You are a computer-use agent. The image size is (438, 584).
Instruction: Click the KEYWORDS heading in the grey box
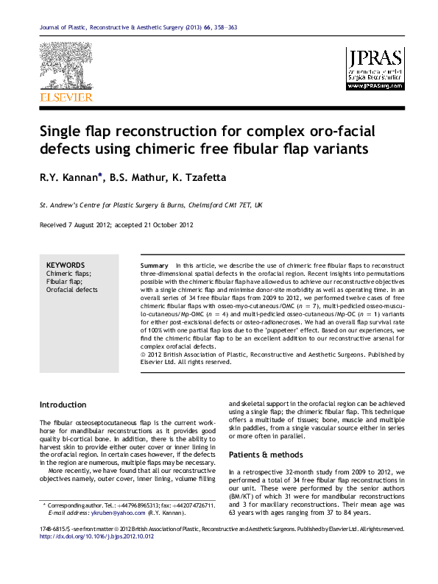click(x=66, y=265)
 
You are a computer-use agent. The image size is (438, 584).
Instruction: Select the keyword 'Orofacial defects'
click(x=72, y=290)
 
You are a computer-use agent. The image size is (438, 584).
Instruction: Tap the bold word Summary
click(x=154, y=265)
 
